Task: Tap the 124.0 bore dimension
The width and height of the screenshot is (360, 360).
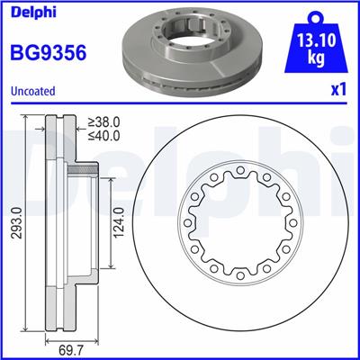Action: click(x=117, y=221)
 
